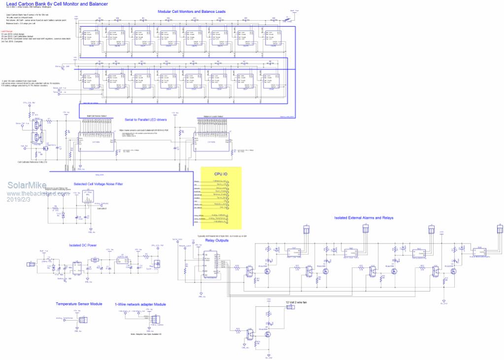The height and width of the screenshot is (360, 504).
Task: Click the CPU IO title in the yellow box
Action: (222, 174)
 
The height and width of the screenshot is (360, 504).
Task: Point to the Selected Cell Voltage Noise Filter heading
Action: (98, 184)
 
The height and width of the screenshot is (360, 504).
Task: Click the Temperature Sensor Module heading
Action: (79, 304)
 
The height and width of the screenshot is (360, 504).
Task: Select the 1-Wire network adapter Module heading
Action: (140, 304)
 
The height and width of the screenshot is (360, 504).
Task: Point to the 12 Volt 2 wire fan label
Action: (296, 302)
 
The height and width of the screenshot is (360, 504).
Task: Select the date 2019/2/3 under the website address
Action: (19, 199)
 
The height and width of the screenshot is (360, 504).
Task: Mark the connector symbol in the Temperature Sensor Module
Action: (83, 320)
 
